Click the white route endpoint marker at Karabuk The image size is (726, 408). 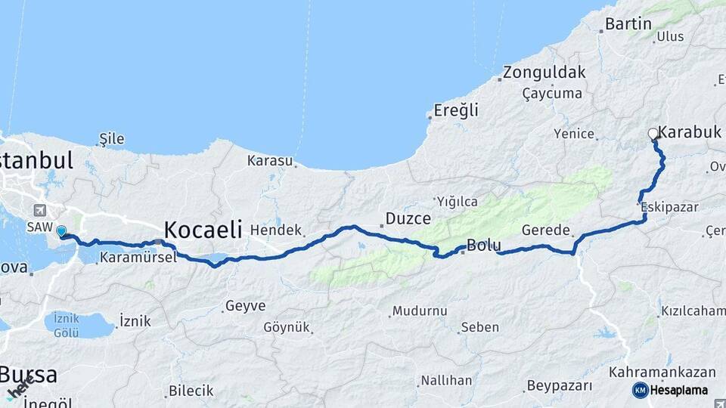(653, 134)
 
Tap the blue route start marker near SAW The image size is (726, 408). (61, 232)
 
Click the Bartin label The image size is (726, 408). (628, 24)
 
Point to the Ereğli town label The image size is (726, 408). (456, 110)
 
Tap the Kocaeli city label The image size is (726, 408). (203, 228)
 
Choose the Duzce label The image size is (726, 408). (408, 218)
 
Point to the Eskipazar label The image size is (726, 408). (669, 206)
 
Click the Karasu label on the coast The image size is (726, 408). (269, 161)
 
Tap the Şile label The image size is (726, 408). (111, 139)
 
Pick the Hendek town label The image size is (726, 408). (276, 230)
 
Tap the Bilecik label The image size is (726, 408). (191, 391)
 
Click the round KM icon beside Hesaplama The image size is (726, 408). (640, 390)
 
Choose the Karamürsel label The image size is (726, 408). (138, 257)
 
